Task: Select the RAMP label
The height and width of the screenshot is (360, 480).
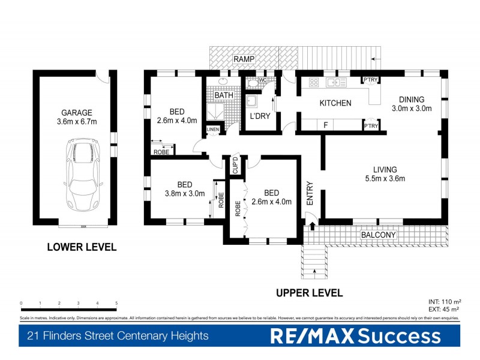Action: (x=245, y=59)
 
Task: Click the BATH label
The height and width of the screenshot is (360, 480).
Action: (x=224, y=95)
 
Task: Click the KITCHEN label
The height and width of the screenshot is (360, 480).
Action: (x=335, y=103)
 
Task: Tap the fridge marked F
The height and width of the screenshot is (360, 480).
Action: (x=325, y=125)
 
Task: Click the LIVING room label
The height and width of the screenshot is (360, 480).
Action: (x=385, y=170)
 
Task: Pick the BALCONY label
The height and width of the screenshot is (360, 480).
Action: (x=378, y=235)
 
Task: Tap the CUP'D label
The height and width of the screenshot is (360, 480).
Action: (x=236, y=164)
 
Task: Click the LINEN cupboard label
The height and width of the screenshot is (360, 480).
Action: (x=212, y=130)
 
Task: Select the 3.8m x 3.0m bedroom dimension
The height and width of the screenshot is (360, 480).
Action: (x=185, y=193)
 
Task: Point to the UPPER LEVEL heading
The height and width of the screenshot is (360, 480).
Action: (x=309, y=293)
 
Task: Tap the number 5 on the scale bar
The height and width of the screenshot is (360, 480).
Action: (x=116, y=304)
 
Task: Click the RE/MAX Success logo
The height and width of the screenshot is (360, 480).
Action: (x=355, y=335)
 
